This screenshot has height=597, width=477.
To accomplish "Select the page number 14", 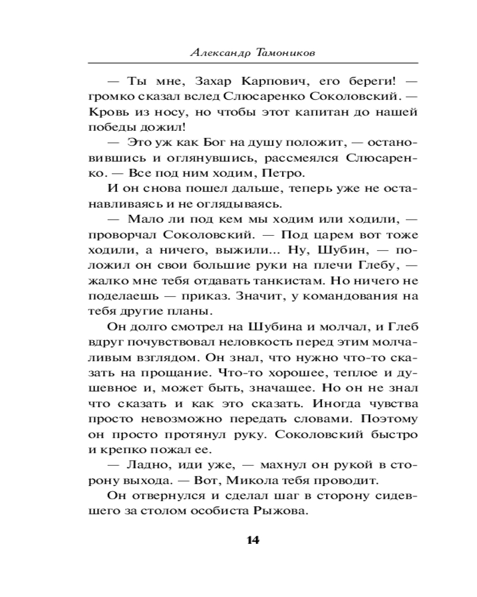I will pyautogui.click(x=252, y=540).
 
